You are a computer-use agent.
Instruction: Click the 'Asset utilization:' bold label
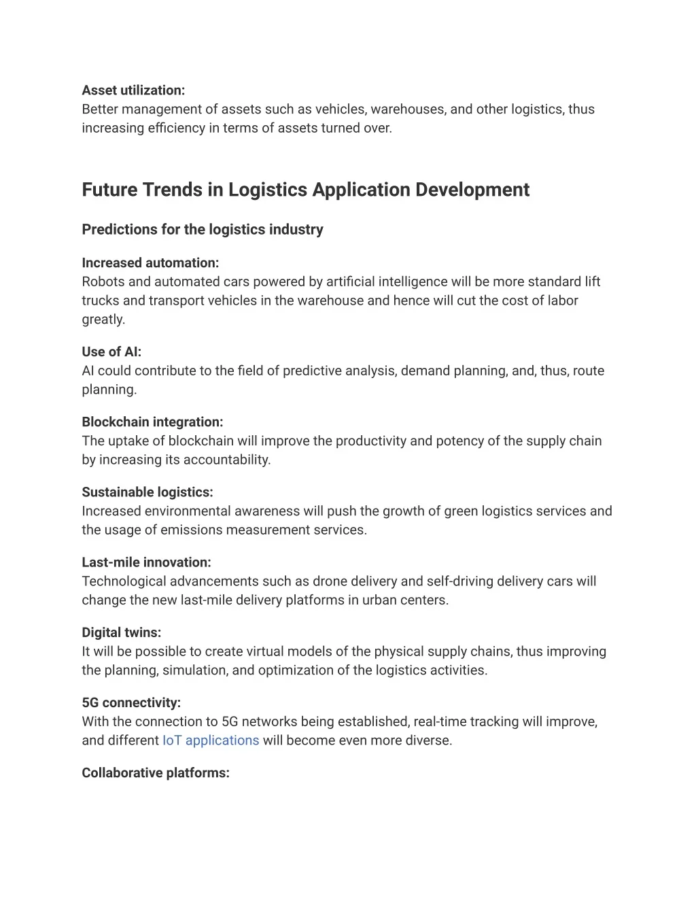pyautogui.click(x=133, y=90)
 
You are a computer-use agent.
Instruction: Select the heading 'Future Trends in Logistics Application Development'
pyautogui.click(x=305, y=190)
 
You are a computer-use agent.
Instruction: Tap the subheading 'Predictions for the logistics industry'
pyautogui.click(x=203, y=230)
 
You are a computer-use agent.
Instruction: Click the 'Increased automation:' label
pyautogui.click(x=150, y=263)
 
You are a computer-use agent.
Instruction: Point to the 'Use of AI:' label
pyautogui.click(x=111, y=352)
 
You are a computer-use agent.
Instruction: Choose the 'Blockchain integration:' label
pyautogui.click(x=152, y=422)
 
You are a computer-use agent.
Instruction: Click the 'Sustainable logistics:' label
pyautogui.click(x=147, y=492)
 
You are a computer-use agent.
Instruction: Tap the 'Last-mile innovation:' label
pyautogui.click(x=146, y=562)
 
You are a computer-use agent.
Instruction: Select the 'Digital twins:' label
pyautogui.click(x=122, y=632)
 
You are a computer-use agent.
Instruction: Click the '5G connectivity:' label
pyautogui.click(x=131, y=703)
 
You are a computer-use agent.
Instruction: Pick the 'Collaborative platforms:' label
pyautogui.click(x=156, y=773)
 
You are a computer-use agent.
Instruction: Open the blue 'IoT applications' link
pyautogui.click(x=211, y=741)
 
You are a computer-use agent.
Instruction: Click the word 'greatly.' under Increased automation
pyautogui.click(x=103, y=320)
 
